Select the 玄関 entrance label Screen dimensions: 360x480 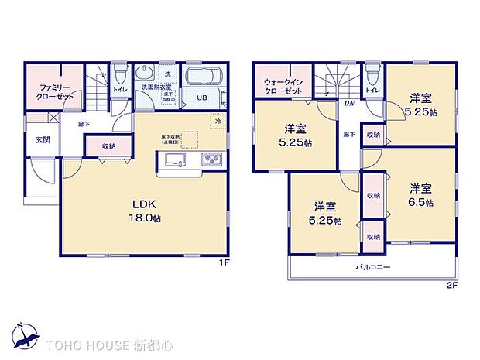coord(42,140)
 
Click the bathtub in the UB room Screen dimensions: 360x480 coord(204,77)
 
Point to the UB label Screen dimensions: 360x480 coord(201,98)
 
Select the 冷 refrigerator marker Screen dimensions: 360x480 coord(218,122)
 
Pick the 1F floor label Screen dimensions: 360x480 coord(223,262)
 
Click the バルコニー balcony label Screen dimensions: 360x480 coord(373,267)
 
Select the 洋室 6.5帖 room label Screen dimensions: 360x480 coord(420,194)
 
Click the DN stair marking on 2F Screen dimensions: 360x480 coord(349,104)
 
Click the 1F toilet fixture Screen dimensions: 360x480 coord(119,74)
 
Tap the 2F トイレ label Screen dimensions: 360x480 coord(372,91)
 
